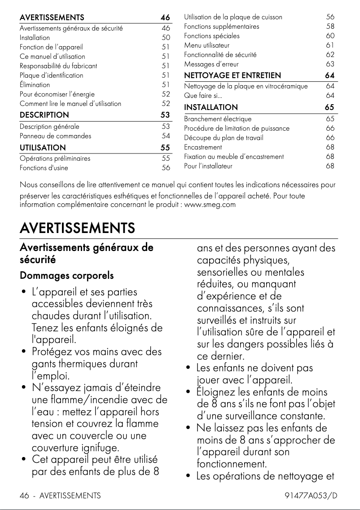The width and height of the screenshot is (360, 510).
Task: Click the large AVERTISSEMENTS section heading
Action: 77,228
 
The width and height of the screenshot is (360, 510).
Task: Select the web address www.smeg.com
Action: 210,205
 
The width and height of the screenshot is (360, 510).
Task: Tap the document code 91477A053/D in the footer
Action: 311,496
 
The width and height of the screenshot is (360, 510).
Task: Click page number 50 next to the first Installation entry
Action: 166,38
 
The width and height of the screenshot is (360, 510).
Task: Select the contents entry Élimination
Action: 35,84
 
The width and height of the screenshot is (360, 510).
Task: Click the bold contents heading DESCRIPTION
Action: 44,115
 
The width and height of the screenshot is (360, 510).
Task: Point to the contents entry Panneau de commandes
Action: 55,136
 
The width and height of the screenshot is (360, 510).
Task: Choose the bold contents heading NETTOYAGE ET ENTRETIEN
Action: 233,75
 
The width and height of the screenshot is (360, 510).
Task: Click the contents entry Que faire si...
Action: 203,96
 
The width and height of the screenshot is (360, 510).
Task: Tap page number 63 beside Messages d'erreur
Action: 330,64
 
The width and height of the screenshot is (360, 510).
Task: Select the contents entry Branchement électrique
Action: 218,119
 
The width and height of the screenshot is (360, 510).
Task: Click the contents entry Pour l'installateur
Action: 208,166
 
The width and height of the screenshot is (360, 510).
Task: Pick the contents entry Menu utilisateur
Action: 206,45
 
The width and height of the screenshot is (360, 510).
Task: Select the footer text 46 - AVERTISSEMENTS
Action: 60,496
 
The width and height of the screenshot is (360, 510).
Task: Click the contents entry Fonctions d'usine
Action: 44,168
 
